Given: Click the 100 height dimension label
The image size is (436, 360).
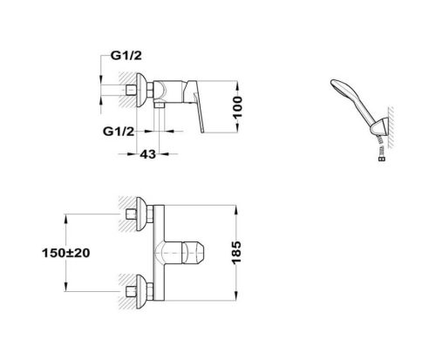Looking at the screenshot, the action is (x=237, y=107).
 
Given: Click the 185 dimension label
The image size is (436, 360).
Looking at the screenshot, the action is (x=236, y=253).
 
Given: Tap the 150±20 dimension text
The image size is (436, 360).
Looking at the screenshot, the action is (x=66, y=253).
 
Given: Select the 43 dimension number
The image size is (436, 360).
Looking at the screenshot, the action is (x=147, y=154).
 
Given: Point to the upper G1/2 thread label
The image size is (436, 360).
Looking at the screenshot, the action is (x=126, y=56).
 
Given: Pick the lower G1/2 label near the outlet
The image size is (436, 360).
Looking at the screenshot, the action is (x=119, y=132).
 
